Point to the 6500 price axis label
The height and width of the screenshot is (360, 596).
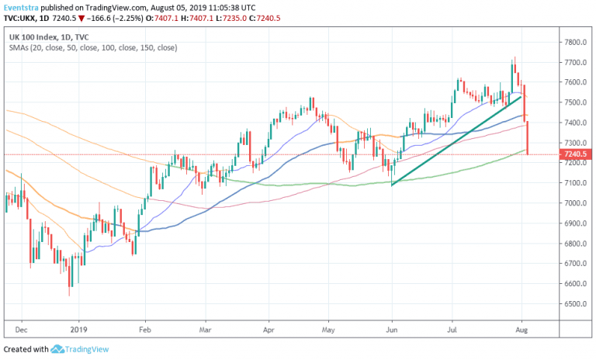click(x=575, y=304)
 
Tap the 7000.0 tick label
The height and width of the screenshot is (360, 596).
click(x=575, y=203)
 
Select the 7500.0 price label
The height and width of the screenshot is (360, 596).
click(x=575, y=102)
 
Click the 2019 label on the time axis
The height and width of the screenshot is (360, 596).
click(x=79, y=328)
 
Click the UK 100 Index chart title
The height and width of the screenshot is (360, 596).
click(x=36, y=36)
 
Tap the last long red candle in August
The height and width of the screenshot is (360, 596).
click(x=528, y=137)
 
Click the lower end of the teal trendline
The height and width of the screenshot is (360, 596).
click(x=392, y=185)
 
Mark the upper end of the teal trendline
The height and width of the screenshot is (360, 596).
click(x=521, y=96)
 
